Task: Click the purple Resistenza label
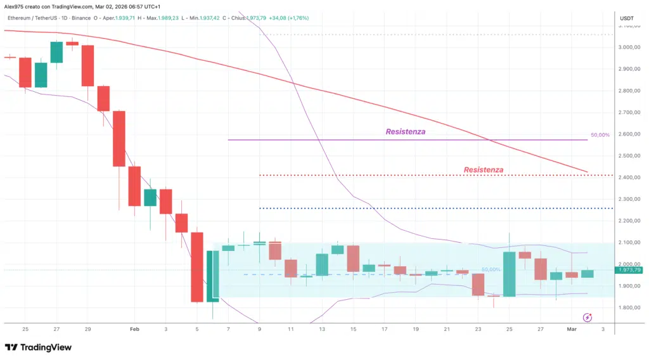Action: (x=406, y=132)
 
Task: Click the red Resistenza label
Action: (x=484, y=170)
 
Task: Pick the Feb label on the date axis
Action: (x=134, y=330)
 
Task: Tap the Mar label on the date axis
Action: (x=571, y=330)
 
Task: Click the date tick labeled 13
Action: (x=321, y=330)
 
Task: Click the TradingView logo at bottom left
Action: (x=38, y=347)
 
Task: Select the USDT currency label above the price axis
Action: (x=626, y=18)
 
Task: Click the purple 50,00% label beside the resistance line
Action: (x=600, y=136)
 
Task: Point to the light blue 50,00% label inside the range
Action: (x=491, y=270)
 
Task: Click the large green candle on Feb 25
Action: (x=509, y=274)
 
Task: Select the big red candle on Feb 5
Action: (x=197, y=267)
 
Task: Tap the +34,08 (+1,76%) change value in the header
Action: (x=288, y=18)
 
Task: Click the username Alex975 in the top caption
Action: (x=14, y=6)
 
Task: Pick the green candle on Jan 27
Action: (x=56, y=53)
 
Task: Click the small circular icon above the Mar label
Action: (x=587, y=317)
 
